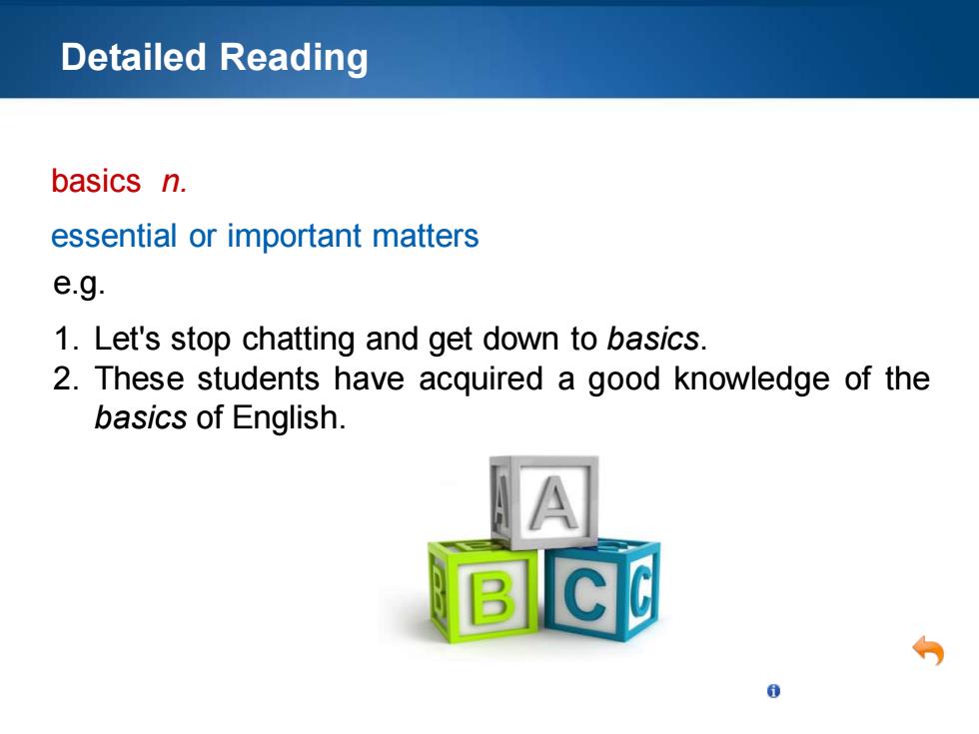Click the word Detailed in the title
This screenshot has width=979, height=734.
[134, 57]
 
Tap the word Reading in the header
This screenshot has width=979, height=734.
[294, 59]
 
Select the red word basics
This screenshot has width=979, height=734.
[96, 181]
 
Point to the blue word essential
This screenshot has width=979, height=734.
[114, 236]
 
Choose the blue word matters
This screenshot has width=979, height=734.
[426, 237]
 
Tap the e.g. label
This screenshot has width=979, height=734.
[79, 285]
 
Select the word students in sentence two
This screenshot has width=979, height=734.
[258, 378]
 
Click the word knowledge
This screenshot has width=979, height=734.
[751, 379]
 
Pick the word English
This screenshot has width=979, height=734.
[289, 418]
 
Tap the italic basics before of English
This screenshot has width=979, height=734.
[141, 418]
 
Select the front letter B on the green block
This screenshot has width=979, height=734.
[493, 598]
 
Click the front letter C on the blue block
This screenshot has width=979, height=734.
[585, 594]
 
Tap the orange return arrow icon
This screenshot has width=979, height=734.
[928, 651]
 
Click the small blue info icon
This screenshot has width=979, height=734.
[773, 691]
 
